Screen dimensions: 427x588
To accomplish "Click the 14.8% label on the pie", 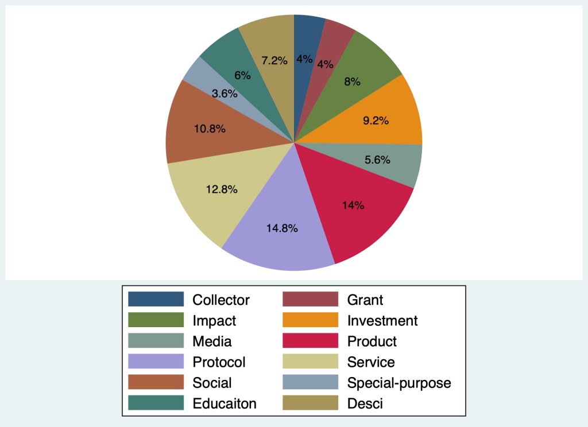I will tap(282, 228).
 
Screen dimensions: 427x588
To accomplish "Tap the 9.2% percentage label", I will tap(376, 121).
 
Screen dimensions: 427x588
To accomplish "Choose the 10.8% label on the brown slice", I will tap(209, 129).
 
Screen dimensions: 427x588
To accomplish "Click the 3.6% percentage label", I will tap(224, 94).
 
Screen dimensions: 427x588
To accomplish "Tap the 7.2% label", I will tap(274, 60).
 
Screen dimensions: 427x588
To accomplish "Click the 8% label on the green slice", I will tap(352, 81).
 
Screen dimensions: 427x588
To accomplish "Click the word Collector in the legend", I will tap(221, 300).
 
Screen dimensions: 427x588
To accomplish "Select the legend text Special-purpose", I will tap(399, 383).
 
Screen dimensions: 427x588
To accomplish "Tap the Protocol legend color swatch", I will tap(156, 362).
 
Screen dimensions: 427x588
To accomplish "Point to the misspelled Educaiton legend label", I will tap(225, 403).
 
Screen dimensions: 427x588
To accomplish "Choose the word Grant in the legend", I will tap(365, 300).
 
